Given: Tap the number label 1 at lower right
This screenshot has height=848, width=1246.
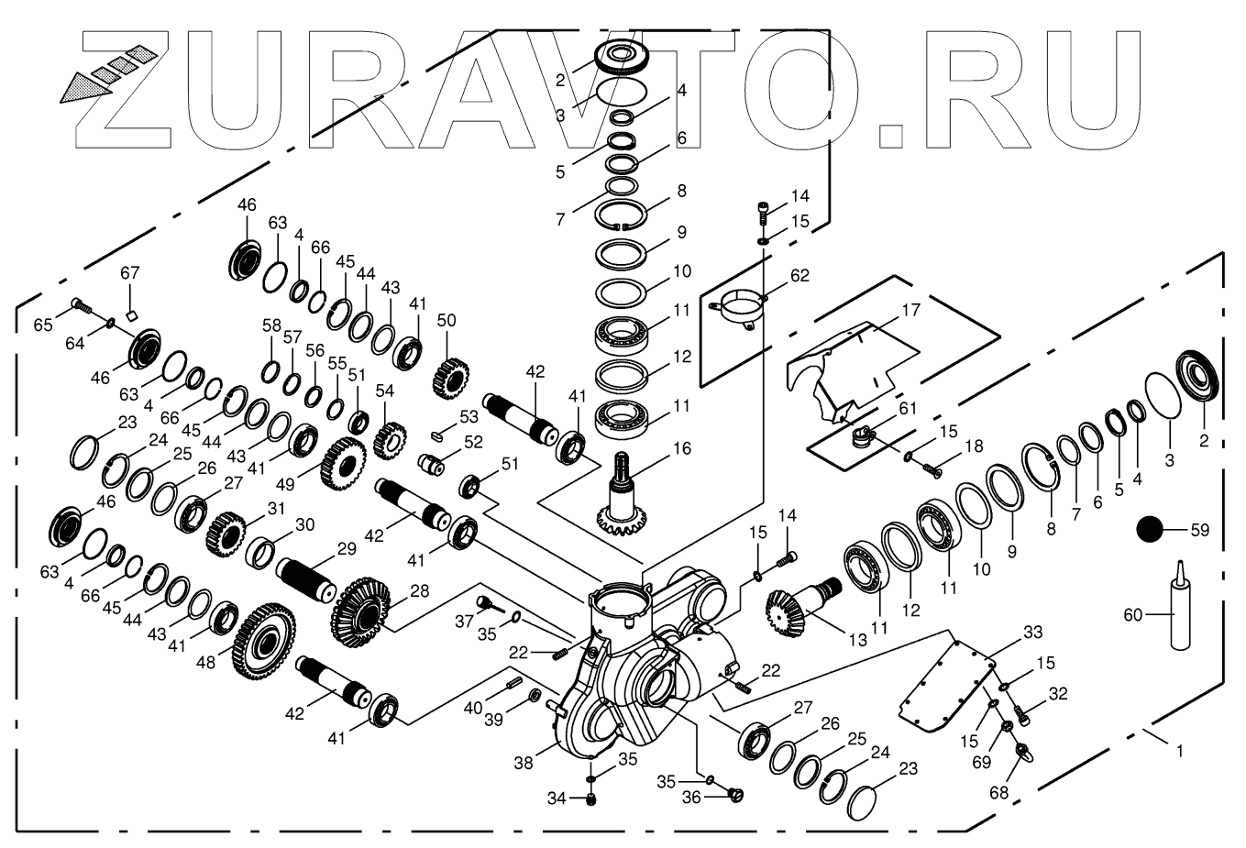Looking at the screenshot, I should coord(1179,750).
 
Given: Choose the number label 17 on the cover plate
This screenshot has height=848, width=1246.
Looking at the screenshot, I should coord(910,311).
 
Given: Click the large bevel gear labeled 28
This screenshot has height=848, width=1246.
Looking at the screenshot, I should coord(360,608).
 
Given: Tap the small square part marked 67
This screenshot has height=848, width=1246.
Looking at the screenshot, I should coord(131,315).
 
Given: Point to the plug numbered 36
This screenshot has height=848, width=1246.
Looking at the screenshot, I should coord(734,793).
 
